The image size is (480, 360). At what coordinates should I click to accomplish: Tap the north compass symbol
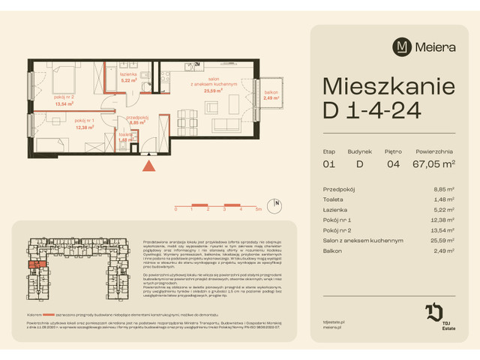coord(277,202)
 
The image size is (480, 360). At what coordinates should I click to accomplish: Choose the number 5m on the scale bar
coord(258,211)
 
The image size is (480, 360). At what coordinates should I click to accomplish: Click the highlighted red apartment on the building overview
coord(35,265)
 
